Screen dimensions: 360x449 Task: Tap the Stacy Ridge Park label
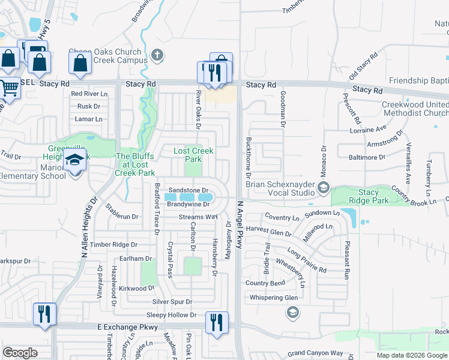point(369,197)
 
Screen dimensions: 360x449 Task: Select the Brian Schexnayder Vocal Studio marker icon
point(323,188)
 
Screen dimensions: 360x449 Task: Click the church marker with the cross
point(157,56)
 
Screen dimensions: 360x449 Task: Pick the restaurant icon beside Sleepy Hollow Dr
point(216,322)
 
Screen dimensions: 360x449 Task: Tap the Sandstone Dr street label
point(188,190)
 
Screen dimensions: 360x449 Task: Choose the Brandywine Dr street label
point(187,204)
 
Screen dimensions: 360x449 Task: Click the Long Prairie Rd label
point(306,260)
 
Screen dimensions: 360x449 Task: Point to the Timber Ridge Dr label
point(113,245)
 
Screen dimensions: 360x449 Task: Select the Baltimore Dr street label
point(366,157)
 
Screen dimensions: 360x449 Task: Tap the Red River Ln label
point(89,94)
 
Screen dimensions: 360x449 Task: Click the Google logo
point(20,353)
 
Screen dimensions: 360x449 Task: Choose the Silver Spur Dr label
point(172,302)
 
